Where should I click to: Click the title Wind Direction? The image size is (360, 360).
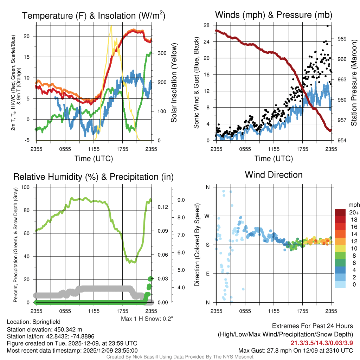274,175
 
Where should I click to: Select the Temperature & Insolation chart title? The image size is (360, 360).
94,16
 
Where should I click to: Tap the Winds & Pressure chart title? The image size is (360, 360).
274,15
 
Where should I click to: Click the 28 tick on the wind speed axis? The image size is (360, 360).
207,25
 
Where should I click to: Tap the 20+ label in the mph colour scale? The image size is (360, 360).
353,213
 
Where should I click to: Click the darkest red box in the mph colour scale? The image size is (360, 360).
340,212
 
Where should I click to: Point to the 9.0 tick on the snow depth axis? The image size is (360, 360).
181,200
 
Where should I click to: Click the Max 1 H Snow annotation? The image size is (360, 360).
147,319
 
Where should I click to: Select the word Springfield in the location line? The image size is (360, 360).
46,322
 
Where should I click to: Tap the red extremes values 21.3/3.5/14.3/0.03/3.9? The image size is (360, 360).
322,343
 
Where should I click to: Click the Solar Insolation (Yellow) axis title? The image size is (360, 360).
174,83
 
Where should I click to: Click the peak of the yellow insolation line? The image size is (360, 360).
111,26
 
